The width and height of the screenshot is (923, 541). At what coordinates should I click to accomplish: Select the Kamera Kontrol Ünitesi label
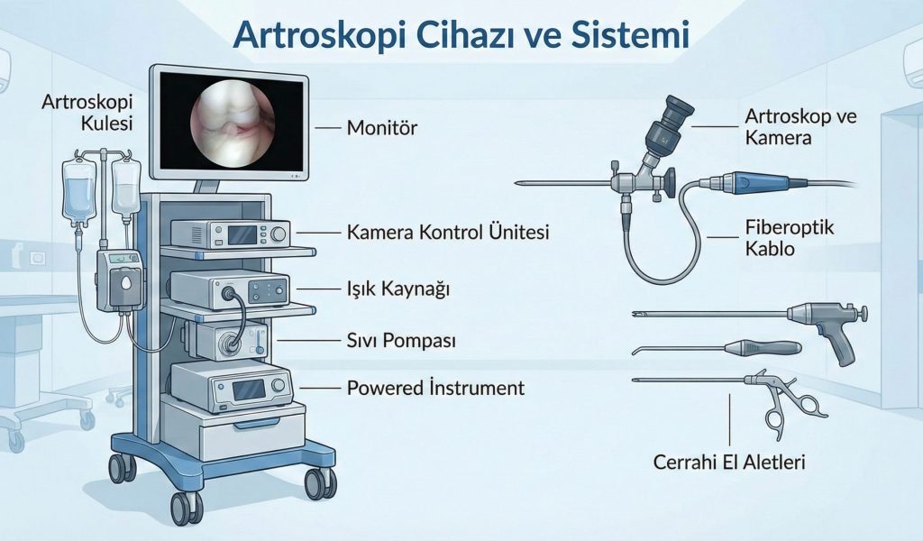tap(448, 232)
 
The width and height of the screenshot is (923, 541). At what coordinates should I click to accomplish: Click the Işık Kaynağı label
tap(398, 289)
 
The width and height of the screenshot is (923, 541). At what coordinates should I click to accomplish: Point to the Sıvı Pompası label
tap(401, 341)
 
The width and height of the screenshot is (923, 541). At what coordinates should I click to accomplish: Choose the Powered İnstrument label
tap(435, 388)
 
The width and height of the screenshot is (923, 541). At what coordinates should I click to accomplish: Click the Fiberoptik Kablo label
tap(790, 238)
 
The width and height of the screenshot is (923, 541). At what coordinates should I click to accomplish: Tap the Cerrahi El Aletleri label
tap(729, 463)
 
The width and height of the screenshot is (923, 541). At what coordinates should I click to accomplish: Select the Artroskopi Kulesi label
tap(87, 111)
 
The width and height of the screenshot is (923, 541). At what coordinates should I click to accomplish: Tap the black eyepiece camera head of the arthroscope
tap(672, 116)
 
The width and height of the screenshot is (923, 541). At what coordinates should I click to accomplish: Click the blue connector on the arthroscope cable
tap(754, 183)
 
